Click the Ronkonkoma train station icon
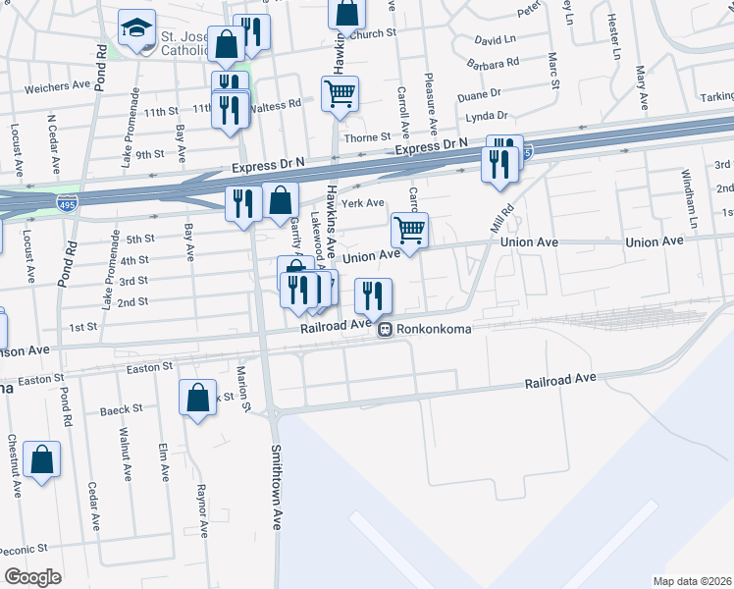pyautogui.click(x=387, y=330)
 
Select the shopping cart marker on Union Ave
pyautogui.click(x=410, y=232)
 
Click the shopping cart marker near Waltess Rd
pyautogui.click(x=340, y=95)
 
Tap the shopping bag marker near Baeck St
pyautogui.click(x=198, y=399)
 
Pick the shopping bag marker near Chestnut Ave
pyautogui.click(x=42, y=459)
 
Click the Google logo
pyautogui.click(x=33, y=577)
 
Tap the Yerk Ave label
pyautogui.click(x=363, y=203)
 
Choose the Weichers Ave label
pyautogui.click(x=58, y=86)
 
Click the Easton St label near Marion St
pyautogui.click(x=149, y=366)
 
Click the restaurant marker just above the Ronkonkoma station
pyautogui.click(x=373, y=294)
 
